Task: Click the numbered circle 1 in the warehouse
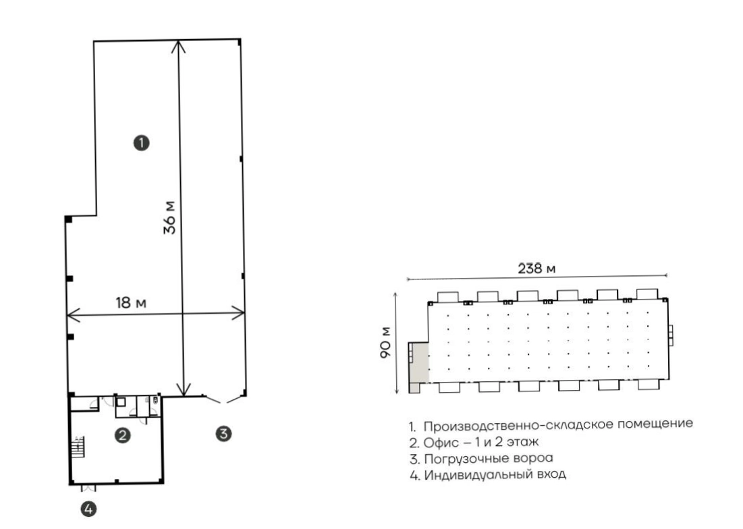pyautogui.click(x=141, y=142)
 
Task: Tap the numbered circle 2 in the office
pyautogui.click(x=123, y=435)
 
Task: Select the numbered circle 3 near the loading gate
pyautogui.click(x=223, y=433)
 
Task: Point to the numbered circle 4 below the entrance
pyautogui.click(x=88, y=509)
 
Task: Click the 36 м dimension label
pyautogui.click(x=169, y=218)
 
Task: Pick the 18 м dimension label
pyautogui.click(x=131, y=303)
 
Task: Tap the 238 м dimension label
pyautogui.click(x=536, y=269)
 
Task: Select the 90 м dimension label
pyautogui.click(x=386, y=342)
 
